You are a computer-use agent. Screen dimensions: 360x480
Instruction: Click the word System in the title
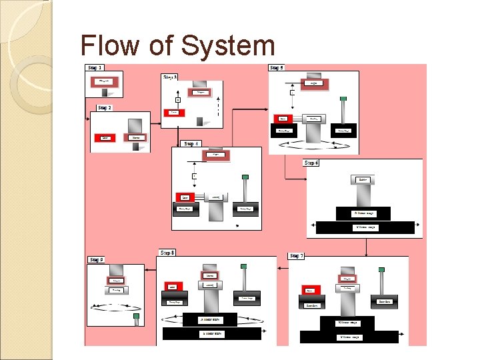[x=227, y=46]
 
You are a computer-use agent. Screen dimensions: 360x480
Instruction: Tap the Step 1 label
[x=94, y=68]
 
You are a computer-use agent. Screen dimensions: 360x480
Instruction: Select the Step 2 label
[x=104, y=107]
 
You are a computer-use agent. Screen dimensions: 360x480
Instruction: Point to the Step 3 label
[x=170, y=77]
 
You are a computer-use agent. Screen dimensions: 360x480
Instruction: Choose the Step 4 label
[x=191, y=143]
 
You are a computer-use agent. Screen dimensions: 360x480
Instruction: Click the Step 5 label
[x=276, y=68]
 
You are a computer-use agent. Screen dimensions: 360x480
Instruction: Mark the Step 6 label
[x=311, y=163]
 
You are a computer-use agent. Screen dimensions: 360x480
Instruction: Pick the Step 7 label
[x=297, y=256]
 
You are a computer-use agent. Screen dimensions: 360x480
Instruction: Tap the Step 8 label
[x=167, y=253]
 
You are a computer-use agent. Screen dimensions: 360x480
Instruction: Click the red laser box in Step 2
[x=105, y=138]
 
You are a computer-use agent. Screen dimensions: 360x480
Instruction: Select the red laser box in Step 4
[x=185, y=197]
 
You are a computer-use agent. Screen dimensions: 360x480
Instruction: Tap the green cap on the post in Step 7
[x=383, y=270]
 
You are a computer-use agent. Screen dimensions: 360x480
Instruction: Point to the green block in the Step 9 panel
[x=136, y=316]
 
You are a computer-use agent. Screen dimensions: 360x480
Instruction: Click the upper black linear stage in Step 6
[x=365, y=213]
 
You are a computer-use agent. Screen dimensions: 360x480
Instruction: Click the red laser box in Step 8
[x=172, y=287]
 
